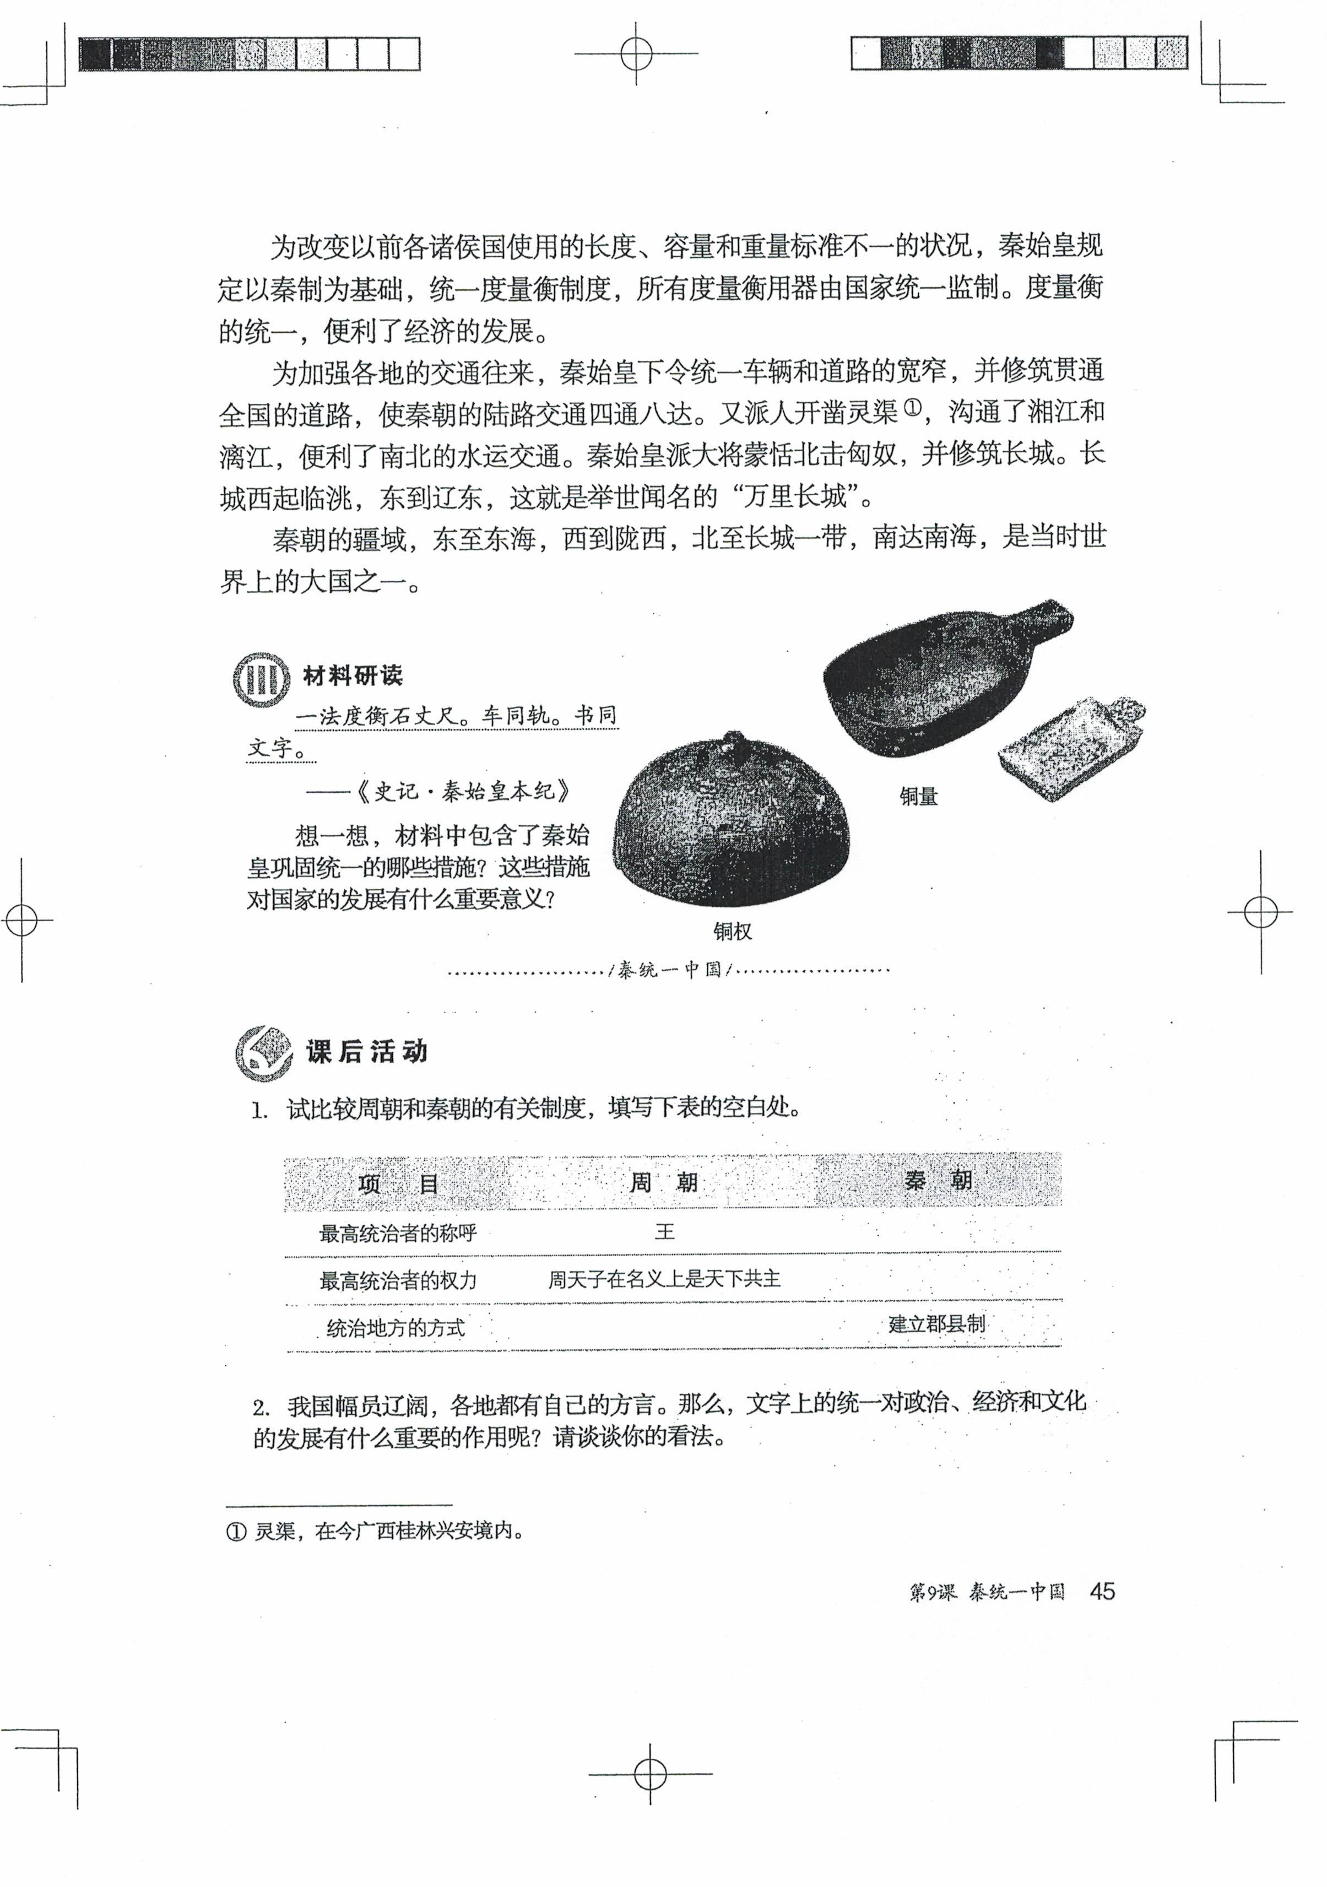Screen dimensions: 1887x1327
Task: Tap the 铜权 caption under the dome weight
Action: tap(732, 931)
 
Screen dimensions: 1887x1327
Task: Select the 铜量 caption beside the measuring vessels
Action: tap(918, 796)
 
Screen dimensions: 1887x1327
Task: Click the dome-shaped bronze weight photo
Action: tap(732, 822)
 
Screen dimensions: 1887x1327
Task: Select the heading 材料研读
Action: tap(353, 677)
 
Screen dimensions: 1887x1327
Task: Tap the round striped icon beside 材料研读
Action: tap(261, 679)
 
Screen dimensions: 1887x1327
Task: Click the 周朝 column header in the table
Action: tap(663, 1183)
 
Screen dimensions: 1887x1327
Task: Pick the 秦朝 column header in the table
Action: tap(938, 1181)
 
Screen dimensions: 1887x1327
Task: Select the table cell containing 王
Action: tap(664, 1231)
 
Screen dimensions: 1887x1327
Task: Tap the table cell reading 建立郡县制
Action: tap(936, 1323)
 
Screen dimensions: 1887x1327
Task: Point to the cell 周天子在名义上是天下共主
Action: tap(664, 1279)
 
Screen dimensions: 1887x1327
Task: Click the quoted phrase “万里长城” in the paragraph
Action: tap(795, 496)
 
